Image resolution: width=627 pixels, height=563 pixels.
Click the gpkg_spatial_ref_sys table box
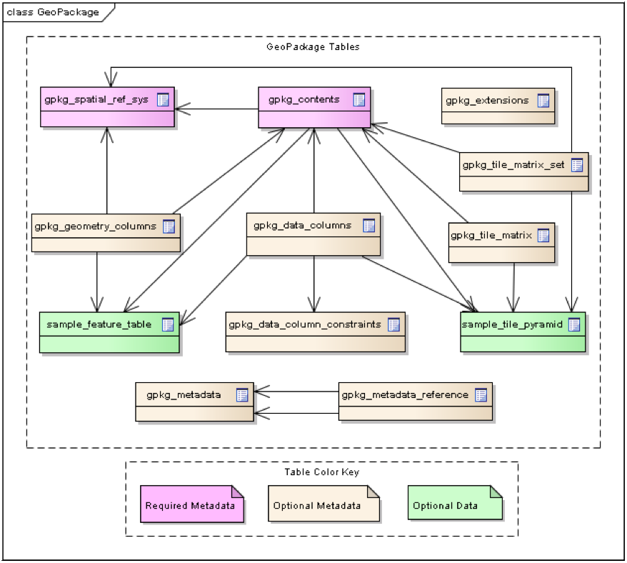107,107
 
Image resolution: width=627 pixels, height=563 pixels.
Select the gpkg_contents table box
314,107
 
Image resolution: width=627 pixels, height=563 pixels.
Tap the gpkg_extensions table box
498,106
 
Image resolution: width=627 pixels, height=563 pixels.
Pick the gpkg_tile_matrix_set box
524,171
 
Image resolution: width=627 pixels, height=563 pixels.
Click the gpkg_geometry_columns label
95,226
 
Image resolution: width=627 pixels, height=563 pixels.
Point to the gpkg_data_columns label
302,225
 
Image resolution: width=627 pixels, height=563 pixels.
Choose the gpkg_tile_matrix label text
491,235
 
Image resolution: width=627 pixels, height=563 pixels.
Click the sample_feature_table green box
109,332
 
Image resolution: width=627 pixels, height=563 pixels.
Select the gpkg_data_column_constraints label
305,324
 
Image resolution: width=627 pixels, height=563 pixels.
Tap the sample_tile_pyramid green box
523,332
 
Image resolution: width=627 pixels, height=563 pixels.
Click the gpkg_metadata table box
194,402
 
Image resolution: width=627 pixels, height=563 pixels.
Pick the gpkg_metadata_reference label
405,395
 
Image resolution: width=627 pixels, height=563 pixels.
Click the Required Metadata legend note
192,504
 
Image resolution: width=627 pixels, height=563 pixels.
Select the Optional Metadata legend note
324,504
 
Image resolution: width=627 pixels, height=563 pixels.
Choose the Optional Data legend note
455,502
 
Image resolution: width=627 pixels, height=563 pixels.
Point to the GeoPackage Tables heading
313,47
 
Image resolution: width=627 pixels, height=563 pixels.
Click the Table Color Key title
322,472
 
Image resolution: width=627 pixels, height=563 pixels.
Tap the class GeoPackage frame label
53,12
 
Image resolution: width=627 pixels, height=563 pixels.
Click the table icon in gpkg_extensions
543,101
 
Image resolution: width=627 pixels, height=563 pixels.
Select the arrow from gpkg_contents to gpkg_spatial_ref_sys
216,109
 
